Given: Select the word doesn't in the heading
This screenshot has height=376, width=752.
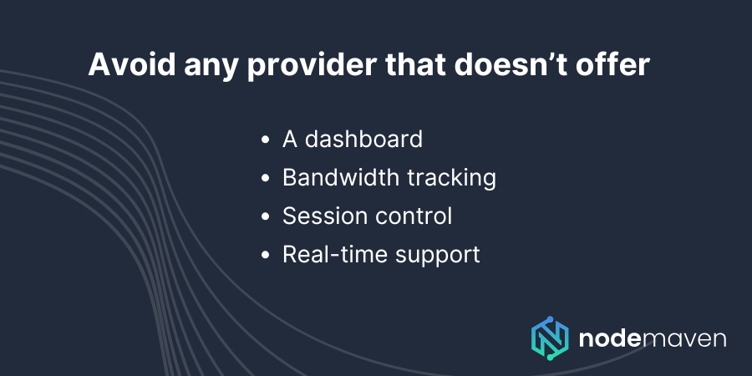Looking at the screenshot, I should point(490,66).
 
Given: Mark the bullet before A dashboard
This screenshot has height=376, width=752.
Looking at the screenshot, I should point(266,140).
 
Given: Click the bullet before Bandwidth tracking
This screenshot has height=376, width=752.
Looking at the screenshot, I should point(266,178).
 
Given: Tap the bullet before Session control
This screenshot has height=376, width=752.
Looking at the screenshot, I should point(266,216).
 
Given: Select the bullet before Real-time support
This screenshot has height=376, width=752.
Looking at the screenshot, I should point(266,255).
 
